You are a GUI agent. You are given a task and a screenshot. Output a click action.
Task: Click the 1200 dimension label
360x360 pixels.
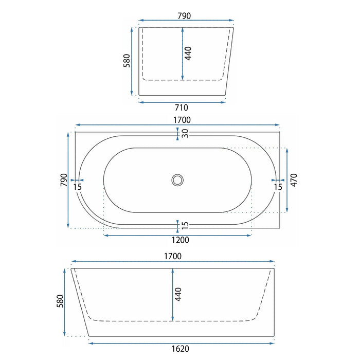click(x=181, y=240)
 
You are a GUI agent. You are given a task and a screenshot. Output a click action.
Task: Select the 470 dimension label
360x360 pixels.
click(x=294, y=180)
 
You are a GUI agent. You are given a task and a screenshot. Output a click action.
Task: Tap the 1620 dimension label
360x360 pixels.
click(x=181, y=349)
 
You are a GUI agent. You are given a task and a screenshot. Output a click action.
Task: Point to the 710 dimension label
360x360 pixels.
click(x=182, y=107)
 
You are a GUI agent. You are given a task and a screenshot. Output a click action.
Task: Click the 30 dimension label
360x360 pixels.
click(x=185, y=133)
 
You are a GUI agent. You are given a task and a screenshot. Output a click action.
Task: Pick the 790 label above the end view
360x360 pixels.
click(x=184, y=16)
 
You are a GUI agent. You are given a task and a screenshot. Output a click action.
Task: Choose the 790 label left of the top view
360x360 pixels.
click(x=64, y=180)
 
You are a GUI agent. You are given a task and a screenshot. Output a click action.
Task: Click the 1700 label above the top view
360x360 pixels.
click(x=182, y=120)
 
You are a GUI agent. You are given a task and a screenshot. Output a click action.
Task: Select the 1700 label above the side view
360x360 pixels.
click(x=173, y=256)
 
